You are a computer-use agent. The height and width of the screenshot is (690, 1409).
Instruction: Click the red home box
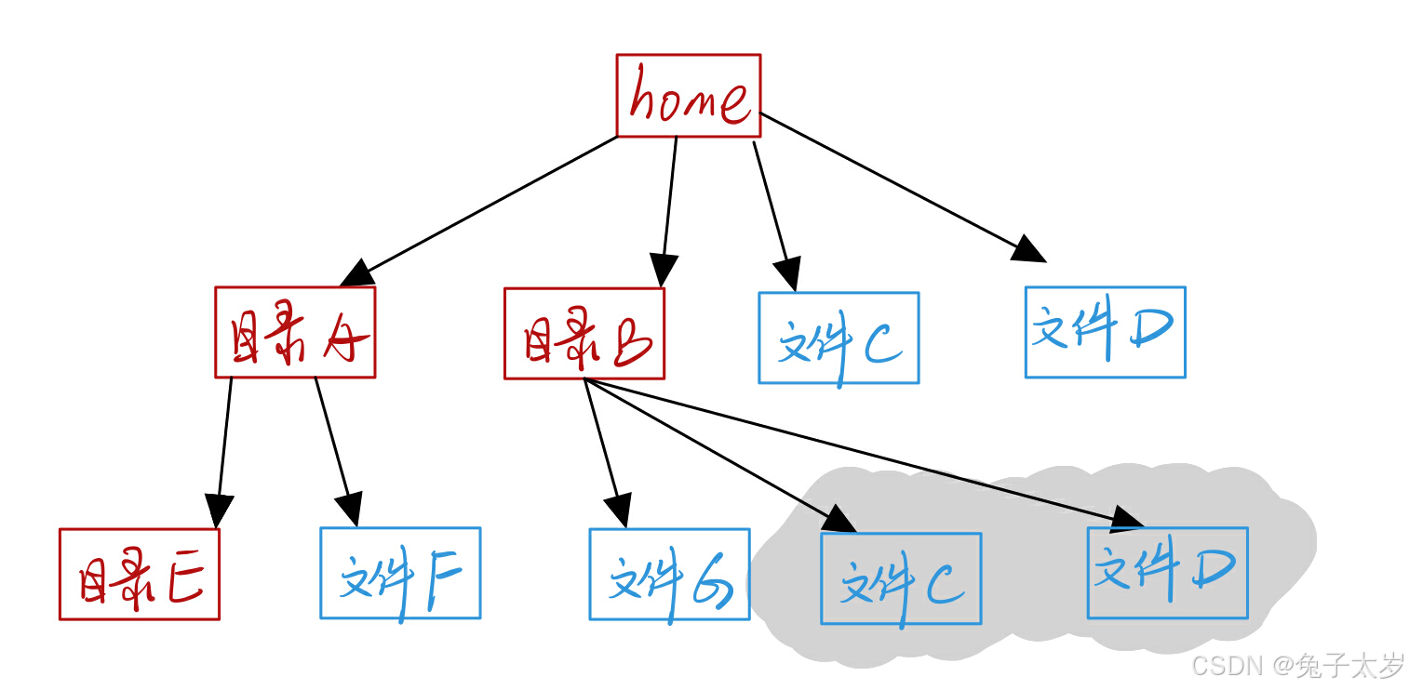point(689,95)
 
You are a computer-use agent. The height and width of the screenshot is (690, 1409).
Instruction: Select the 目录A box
point(295,332)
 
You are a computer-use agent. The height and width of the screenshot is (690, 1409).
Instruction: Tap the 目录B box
point(584,334)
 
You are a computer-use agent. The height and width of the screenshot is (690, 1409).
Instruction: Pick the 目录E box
point(140,574)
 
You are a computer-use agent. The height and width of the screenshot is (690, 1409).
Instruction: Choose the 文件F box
point(400,573)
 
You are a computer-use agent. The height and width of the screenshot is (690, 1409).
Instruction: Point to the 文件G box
point(669,574)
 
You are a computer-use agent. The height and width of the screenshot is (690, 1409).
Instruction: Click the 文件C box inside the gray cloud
point(901,577)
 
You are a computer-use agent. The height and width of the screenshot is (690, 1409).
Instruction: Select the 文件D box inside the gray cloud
point(1167,573)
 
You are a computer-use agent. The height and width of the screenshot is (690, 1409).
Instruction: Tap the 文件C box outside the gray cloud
point(839,338)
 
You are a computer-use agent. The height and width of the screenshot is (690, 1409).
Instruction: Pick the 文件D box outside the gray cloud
point(1105,332)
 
